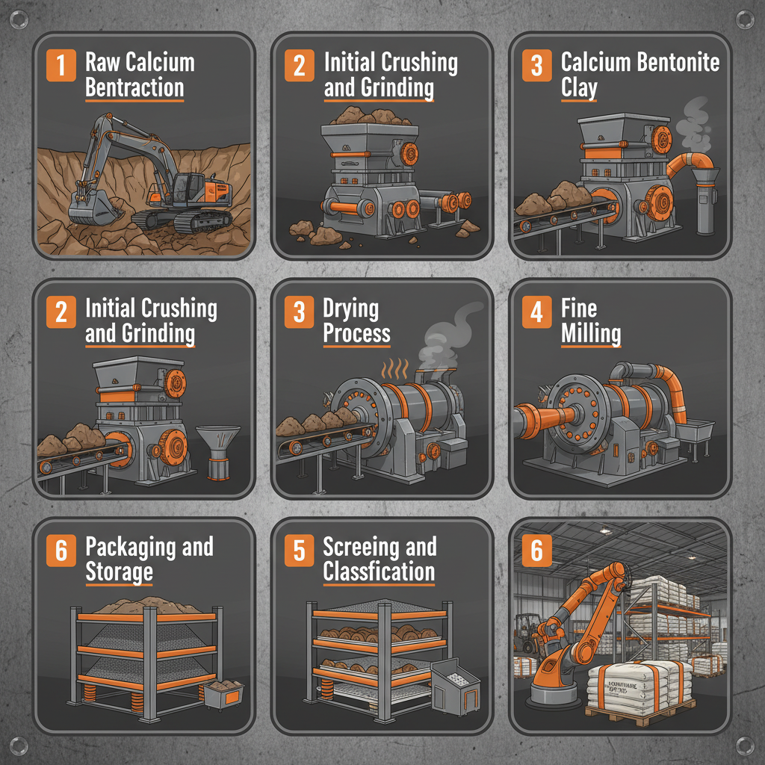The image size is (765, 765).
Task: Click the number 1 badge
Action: (x=61, y=66)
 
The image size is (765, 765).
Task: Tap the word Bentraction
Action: (x=134, y=88)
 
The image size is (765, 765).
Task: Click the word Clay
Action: (x=579, y=88)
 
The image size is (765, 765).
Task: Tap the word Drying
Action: (x=350, y=309)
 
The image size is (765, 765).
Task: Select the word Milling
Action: (x=591, y=334)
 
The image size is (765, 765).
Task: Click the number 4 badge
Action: (x=536, y=312)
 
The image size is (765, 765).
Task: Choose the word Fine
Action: (x=578, y=308)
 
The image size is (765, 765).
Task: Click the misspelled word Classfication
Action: (x=379, y=573)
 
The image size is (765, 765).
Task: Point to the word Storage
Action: (x=120, y=573)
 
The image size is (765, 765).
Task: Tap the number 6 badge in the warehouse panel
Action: (x=536, y=551)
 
